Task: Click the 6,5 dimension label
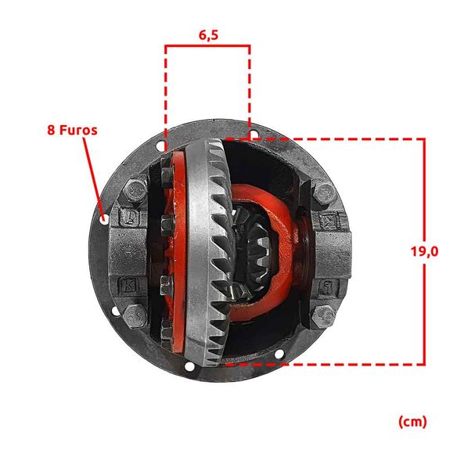(x=209, y=35)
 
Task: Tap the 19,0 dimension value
(x=425, y=252)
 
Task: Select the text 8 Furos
(x=72, y=130)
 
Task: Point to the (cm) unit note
(x=412, y=422)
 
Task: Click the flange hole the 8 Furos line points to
(x=104, y=220)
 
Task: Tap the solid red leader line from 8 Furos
(x=93, y=177)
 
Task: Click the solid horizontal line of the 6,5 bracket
(x=207, y=45)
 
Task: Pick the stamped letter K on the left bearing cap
(x=129, y=285)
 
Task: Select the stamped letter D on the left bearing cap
(x=130, y=217)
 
